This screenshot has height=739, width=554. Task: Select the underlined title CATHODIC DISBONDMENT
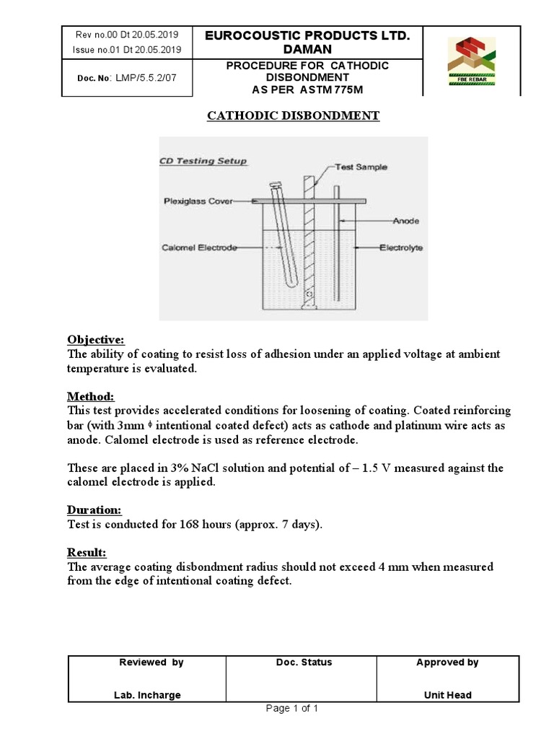click(x=293, y=115)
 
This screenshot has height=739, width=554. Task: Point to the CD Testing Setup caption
click(x=203, y=161)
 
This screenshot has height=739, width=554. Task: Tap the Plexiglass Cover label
click(x=197, y=201)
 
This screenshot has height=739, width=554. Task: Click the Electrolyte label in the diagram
click(x=401, y=248)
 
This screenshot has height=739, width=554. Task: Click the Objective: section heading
click(x=96, y=339)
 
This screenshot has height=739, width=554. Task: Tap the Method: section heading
click(x=90, y=396)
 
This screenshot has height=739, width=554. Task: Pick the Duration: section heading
click(x=94, y=510)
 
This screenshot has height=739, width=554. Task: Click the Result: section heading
click(x=87, y=552)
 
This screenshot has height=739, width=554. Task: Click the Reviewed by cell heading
click(x=151, y=663)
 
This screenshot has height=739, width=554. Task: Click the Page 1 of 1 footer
click(x=291, y=708)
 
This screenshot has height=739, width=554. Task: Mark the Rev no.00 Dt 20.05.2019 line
click(x=127, y=35)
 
